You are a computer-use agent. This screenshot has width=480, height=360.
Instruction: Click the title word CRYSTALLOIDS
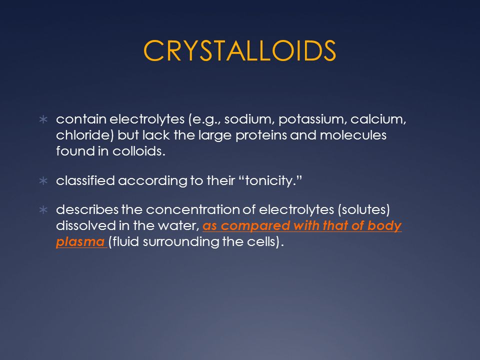pos(239,51)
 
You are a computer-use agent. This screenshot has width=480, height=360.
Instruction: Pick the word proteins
pos(261,135)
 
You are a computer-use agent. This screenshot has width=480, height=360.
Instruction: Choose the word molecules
pos(353,135)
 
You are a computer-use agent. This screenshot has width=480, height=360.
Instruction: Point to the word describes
pos(87,209)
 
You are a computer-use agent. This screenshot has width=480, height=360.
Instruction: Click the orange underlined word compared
pos(255,226)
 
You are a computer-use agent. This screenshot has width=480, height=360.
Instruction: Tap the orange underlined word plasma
pos(80,242)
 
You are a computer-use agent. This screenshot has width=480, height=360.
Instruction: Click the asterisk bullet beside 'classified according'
pos(43,180)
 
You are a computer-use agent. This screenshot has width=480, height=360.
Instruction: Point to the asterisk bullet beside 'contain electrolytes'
pos(43,119)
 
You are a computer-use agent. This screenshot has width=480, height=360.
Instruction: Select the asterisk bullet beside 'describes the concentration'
pos(43,210)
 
